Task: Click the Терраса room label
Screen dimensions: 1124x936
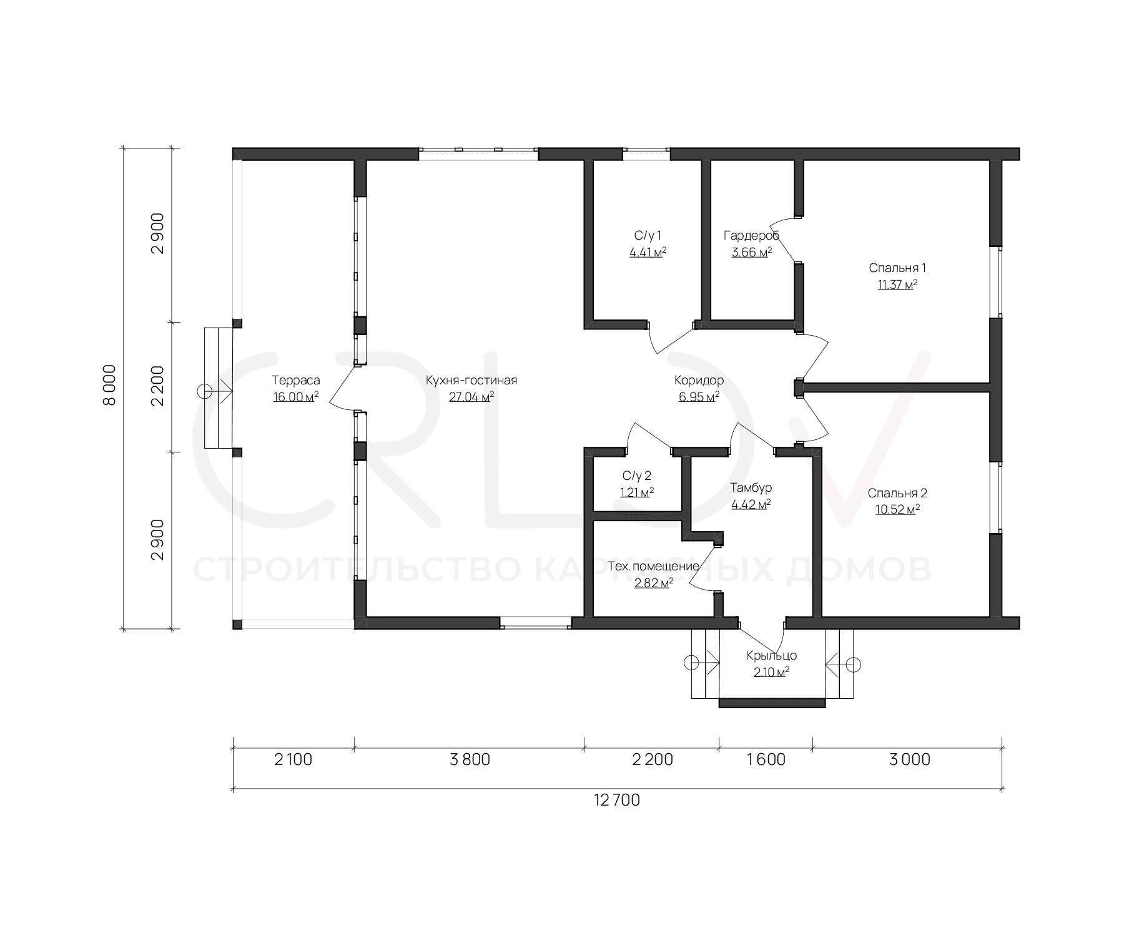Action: coord(296,380)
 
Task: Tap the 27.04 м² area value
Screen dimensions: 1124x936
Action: coord(471,397)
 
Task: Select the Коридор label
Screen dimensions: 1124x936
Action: coord(699,380)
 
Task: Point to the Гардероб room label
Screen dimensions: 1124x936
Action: coord(752,235)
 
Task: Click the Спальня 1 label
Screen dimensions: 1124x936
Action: coord(897,268)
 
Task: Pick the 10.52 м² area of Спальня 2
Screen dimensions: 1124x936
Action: coord(897,509)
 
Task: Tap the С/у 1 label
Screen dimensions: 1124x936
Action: coord(648,235)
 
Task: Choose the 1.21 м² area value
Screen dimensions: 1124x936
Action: coord(637,492)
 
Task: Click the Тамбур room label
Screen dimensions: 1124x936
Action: coord(751,487)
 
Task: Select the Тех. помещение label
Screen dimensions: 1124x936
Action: coord(653,567)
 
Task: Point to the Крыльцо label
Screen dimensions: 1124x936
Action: coord(772,656)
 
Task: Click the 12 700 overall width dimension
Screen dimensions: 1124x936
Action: coord(617,800)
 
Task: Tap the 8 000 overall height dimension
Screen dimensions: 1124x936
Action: coord(109,385)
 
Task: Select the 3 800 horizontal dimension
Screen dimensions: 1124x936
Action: coord(470,759)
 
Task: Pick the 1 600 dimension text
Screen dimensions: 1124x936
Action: coord(766,759)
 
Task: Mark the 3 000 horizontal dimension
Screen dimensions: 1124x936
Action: coord(910,759)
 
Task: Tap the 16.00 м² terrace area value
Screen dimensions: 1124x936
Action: coord(296,397)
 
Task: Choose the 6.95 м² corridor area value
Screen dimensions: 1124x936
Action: coord(699,397)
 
